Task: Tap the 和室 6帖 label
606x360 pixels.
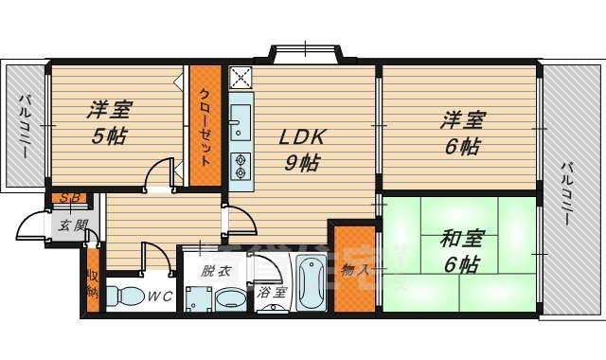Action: click(x=460, y=251)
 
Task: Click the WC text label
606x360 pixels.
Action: click(x=159, y=297)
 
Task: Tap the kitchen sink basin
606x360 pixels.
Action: click(x=240, y=121)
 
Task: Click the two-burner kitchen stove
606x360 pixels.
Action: click(x=240, y=167)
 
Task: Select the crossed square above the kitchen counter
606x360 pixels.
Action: click(x=240, y=77)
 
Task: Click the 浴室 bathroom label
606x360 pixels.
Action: click(x=273, y=293)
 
